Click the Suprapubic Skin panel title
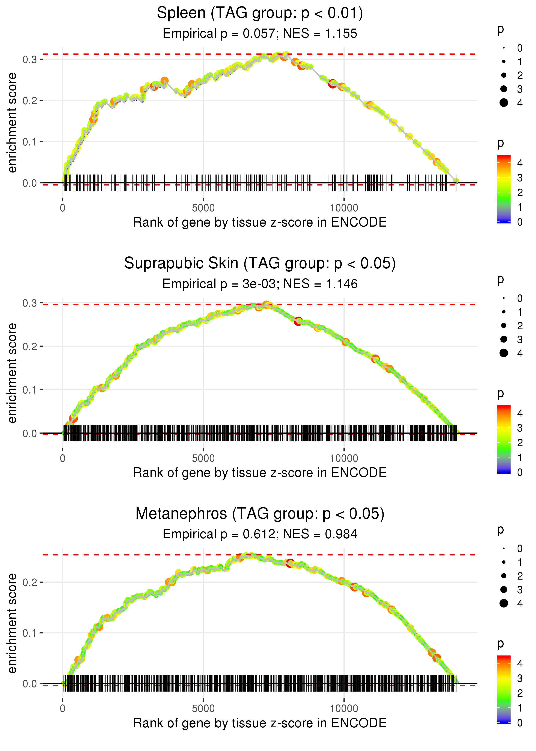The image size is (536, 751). click(x=260, y=263)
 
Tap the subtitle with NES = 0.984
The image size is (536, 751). click(x=260, y=534)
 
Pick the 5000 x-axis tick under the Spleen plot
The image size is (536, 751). click(x=203, y=208)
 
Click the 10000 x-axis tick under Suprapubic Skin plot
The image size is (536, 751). click(x=344, y=458)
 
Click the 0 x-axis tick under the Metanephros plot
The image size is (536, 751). click(x=63, y=709)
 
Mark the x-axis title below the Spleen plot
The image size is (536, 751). click(x=260, y=223)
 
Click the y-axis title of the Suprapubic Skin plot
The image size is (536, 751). click(x=12, y=373)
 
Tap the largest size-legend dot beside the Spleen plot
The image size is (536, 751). click(x=504, y=103)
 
